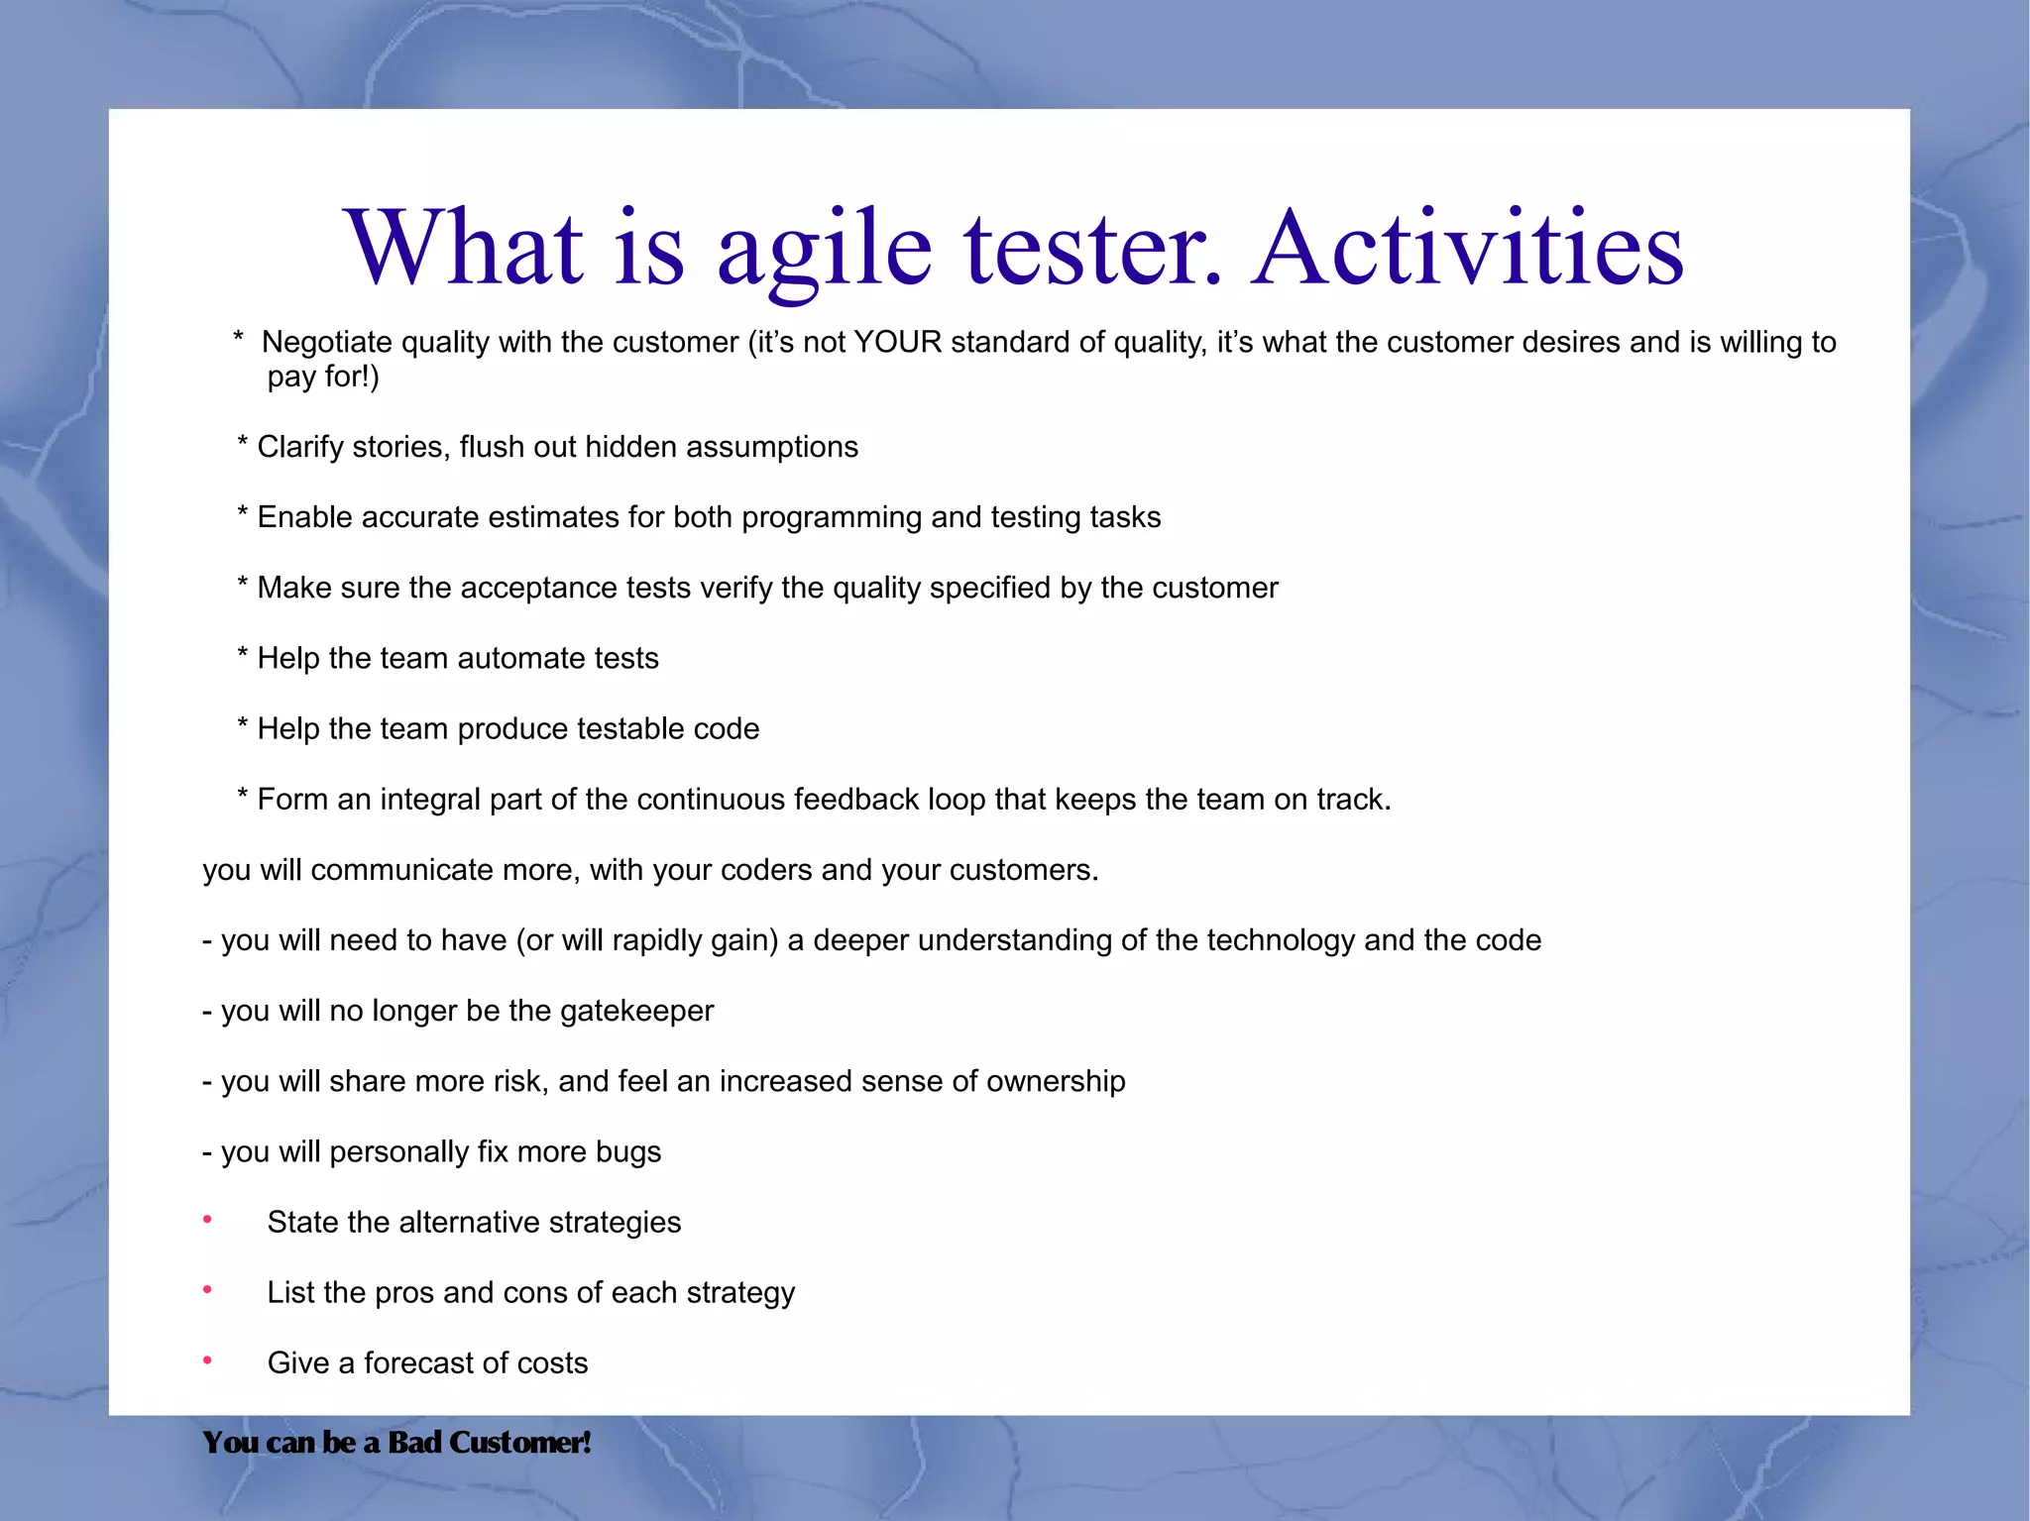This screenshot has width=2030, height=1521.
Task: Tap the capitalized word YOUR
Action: [897, 343]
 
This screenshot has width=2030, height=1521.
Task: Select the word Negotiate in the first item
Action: [327, 343]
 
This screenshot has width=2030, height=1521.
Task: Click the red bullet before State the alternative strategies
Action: [207, 1220]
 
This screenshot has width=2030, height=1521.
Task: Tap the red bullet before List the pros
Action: [207, 1290]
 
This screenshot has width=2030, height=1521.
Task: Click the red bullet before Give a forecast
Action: [207, 1360]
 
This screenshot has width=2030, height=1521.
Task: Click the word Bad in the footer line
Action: [414, 1443]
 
